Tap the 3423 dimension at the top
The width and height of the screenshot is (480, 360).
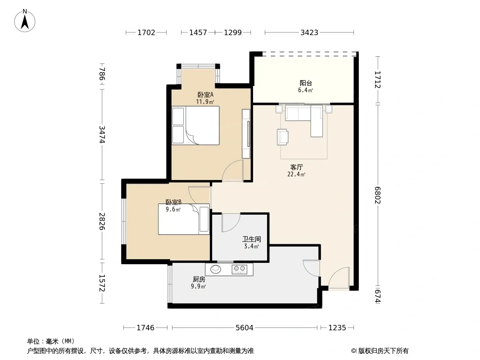point(309,32)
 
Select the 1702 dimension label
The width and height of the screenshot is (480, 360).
point(146,32)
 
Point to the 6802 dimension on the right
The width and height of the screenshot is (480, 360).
point(377,195)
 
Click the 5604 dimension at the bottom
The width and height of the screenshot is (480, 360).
point(245,328)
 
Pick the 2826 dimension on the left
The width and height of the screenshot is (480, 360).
point(102,221)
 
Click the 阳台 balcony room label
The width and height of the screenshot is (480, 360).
point(306,83)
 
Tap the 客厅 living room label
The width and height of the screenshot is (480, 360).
point(297,167)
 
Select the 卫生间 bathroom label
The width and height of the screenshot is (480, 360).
point(252,239)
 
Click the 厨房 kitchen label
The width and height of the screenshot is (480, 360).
point(199,279)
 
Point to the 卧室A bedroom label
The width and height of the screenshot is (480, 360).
point(205,95)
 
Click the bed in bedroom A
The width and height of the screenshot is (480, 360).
point(195,125)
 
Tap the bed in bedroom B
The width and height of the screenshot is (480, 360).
point(184,219)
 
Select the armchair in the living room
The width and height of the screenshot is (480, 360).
point(282,137)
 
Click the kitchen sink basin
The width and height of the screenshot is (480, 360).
point(216,269)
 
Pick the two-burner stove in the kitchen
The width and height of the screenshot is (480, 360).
point(240,269)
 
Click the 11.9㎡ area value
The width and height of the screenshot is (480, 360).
point(205,102)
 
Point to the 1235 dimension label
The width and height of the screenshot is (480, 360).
point(337,328)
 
